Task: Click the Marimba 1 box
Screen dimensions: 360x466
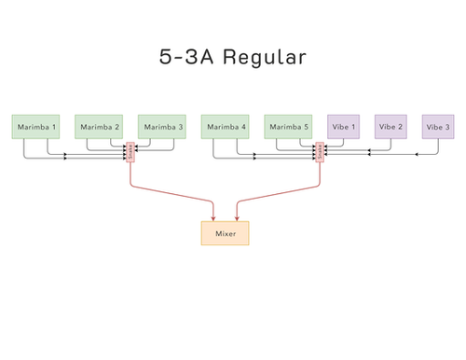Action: pos(36,127)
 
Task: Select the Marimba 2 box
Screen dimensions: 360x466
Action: pos(98,127)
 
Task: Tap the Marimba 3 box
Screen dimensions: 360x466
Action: pos(162,127)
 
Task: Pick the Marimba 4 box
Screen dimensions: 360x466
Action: pos(226,127)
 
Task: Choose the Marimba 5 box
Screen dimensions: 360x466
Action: pos(287,127)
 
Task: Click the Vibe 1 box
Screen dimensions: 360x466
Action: pos(342,127)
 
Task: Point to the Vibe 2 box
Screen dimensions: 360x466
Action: pos(391,127)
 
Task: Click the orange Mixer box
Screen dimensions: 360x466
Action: pos(225,232)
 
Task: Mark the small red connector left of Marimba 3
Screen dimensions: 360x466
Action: pos(130,152)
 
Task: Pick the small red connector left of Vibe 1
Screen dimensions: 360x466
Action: pos(320,152)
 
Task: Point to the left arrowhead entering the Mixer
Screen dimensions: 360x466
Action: pos(214,217)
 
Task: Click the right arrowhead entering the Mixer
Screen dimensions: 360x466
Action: pos(237,217)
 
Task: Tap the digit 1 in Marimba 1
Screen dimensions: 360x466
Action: pos(54,127)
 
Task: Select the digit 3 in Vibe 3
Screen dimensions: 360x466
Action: pos(448,127)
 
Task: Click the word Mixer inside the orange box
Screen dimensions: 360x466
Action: pos(225,232)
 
